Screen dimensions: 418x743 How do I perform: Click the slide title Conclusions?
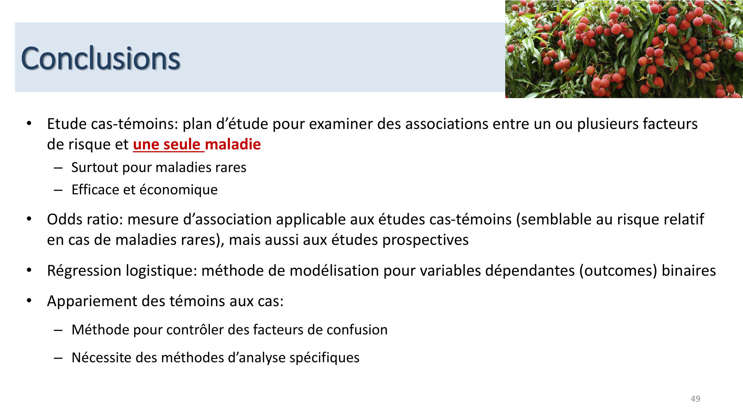pyautogui.click(x=100, y=58)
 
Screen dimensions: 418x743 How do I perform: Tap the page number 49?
pyautogui.click(x=695, y=399)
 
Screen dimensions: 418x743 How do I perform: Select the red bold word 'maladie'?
pyautogui.click(x=233, y=145)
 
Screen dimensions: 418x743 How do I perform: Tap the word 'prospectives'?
pyautogui.click(x=425, y=240)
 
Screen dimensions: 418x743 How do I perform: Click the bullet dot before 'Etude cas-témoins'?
pyautogui.click(x=29, y=124)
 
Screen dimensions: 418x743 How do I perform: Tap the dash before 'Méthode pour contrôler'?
pyautogui.click(x=58, y=330)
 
